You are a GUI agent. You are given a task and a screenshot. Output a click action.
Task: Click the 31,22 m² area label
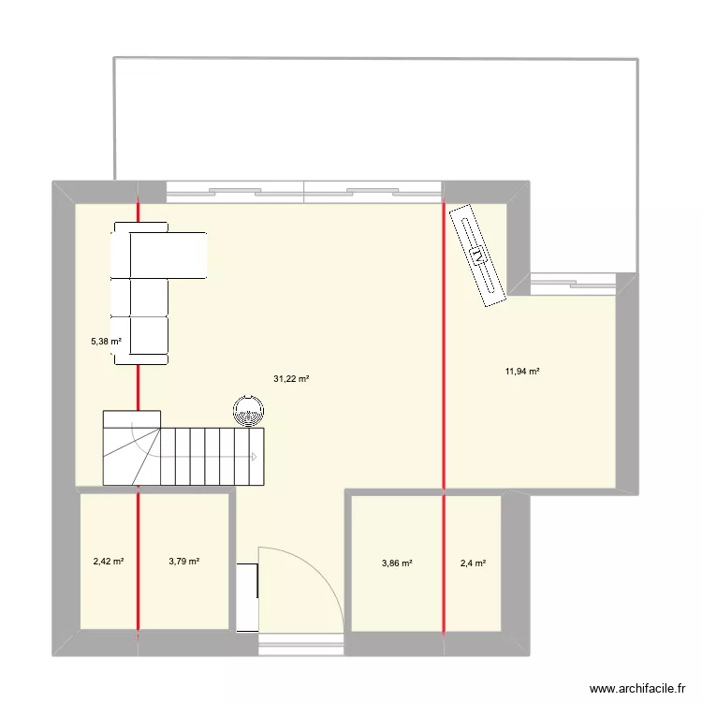tap(291, 379)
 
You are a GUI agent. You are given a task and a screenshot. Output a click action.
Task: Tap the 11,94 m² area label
tap(522, 372)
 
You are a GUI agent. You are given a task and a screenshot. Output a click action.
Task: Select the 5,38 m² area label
tap(106, 341)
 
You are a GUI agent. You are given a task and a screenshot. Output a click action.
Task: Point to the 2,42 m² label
tap(109, 562)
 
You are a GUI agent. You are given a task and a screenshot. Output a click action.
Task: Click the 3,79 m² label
tap(183, 562)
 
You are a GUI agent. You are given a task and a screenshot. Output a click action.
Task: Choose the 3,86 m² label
tap(397, 563)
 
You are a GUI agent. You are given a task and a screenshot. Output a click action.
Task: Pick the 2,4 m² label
tap(472, 563)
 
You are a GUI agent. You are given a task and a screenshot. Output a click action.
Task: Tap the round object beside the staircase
tap(249, 410)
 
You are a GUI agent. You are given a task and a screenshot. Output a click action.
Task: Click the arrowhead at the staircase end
tap(255, 457)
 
